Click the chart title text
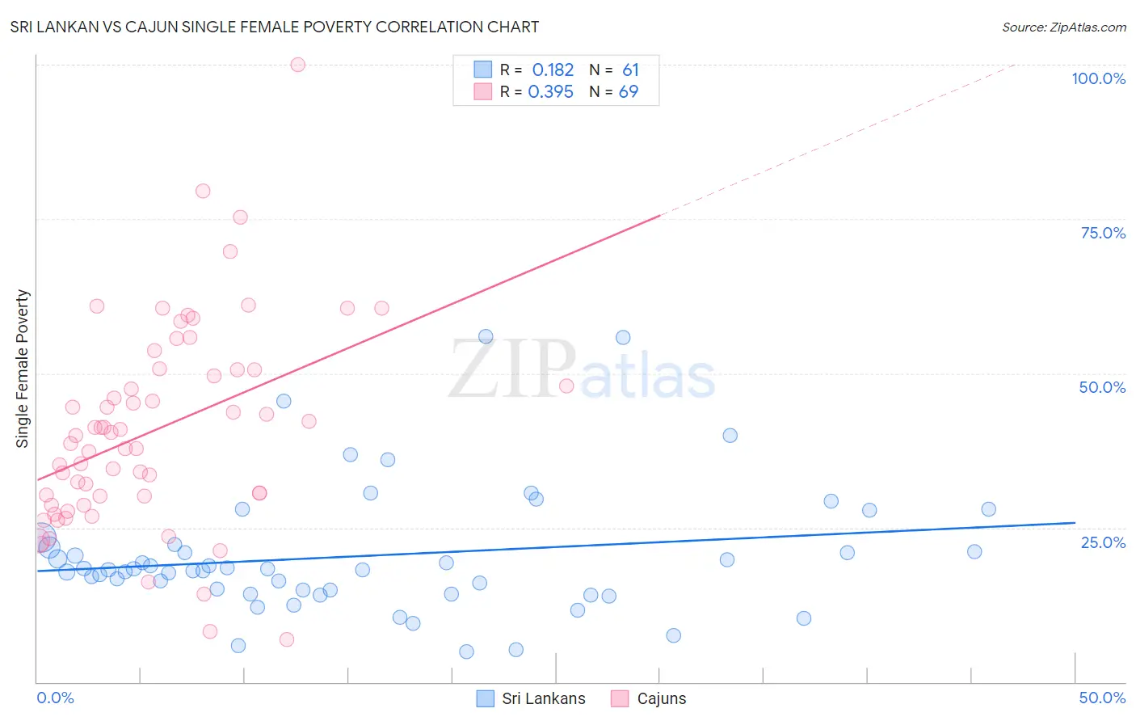pyautogui.click(x=275, y=27)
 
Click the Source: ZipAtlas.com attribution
pyautogui.click(x=1063, y=27)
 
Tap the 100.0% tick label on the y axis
pyautogui.click(x=1098, y=78)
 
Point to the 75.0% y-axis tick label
pyautogui.click(x=1103, y=233)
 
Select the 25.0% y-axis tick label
pyautogui.click(x=1103, y=542)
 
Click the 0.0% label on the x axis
pyautogui.click(x=55, y=698)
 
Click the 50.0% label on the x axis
pyautogui.click(x=1102, y=698)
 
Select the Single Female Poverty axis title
pyautogui.click(x=23, y=369)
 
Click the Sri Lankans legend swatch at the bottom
pyautogui.click(x=485, y=698)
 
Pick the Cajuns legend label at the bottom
pyautogui.click(x=661, y=698)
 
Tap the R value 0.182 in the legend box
pyautogui.click(x=553, y=70)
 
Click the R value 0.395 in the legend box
pyautogui.click(x=550, y=92)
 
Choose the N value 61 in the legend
pyautogui.click(x=630, y=70)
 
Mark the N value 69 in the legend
pyautogui.click(x=629, y=92)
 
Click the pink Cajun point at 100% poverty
pyautogui.click(x=297, y=65)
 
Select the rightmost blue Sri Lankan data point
pyautogui.click(x=988, y=509)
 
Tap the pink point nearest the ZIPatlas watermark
pyautogui.click(x=566, y=386)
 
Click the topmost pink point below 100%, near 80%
pyautogui.click(x=203, y=191)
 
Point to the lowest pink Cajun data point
pyautogui.click(x=286, y=639)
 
